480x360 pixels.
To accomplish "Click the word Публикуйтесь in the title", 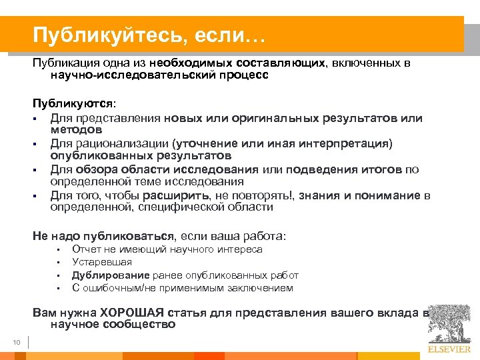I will (x=96, y=33).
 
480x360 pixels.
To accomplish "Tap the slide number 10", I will (x=17, y=343).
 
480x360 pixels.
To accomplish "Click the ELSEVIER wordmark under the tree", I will (x=449, y=347).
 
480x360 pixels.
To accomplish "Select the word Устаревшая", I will (x=102, y=262).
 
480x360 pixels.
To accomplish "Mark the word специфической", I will (x=174, y=207).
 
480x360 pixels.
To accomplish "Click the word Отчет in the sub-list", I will (x=86, y=249).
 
